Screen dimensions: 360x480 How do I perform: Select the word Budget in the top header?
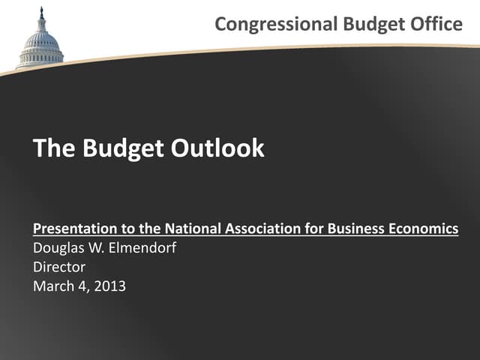point(368,25)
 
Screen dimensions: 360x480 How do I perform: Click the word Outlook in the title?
point(217,148)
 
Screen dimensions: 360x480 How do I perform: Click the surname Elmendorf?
point(142,247)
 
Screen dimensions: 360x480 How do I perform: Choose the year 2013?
point(109,285)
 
